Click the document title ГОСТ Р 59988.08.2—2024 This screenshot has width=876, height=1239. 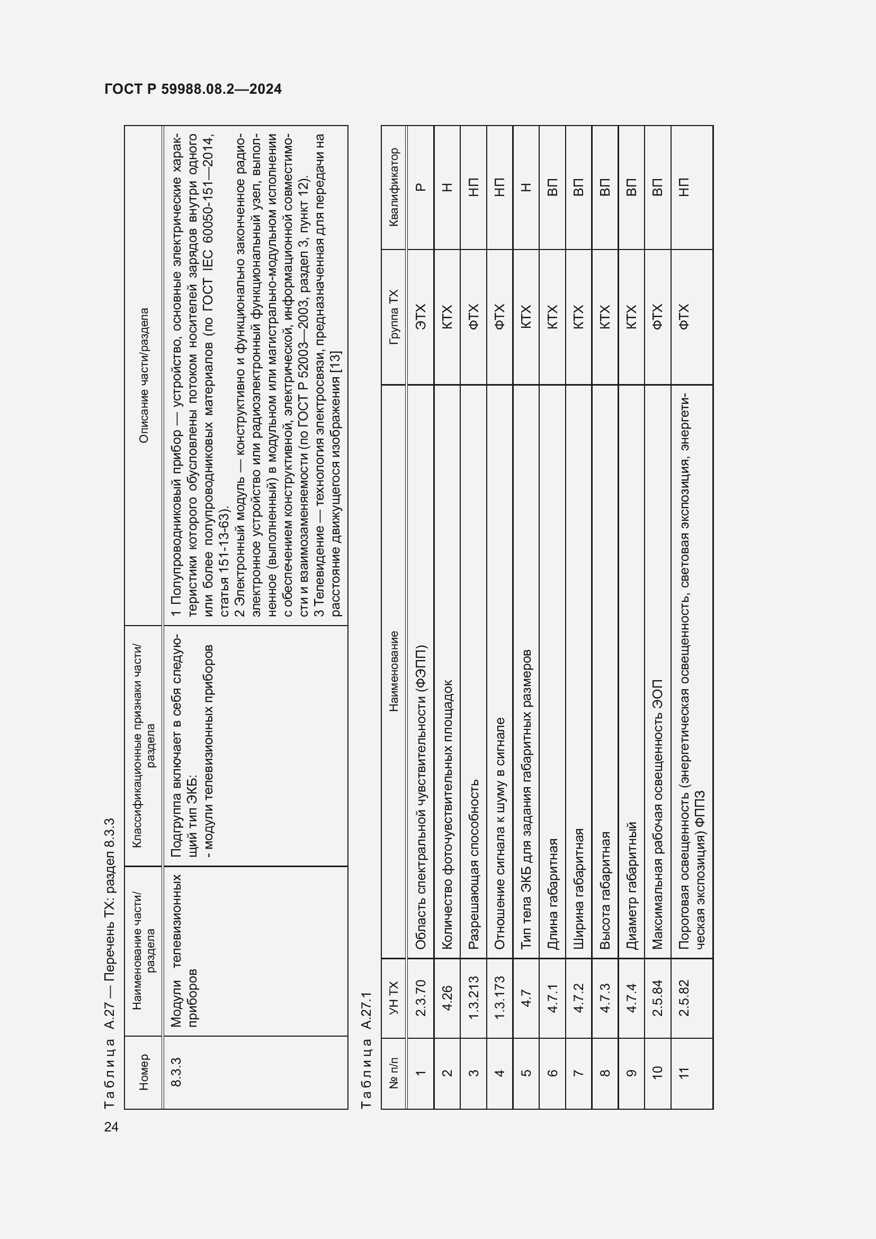click(x=193, y=89)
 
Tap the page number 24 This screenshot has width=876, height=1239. click(x=111, y=1127)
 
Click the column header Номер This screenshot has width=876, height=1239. click(x=144, y=1072)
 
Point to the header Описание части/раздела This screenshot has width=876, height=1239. click(x=144, y=376)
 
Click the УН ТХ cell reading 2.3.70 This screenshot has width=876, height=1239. click(x=421, y=997)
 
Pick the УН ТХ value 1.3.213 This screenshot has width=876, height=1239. click(x=473, y=997)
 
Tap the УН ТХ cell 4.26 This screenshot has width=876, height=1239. click(x=447, y=997)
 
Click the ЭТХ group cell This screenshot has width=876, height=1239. click(x=421, y=317)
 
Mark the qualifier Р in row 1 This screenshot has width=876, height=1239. click(x=421, y=187)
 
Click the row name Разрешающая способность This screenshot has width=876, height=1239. click(x=473, y=864)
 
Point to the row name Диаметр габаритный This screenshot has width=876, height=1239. click(x=632, y=886)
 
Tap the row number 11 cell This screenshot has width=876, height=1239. click(x=684, y=1072)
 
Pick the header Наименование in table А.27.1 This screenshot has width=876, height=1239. click(x=393, y=671)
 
